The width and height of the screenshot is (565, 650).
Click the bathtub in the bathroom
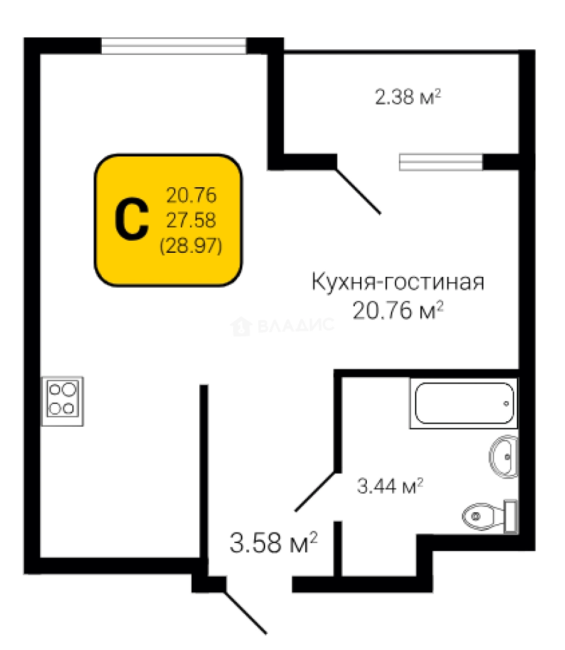click(x=464, y=403)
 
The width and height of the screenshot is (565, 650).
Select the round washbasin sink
click(x=504, y=456)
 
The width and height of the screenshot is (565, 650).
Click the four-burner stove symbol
click(x=63, y=401)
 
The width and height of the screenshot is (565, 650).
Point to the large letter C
click(x=131, y=220)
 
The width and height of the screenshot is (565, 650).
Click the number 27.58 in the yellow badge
click(x=191, y=220)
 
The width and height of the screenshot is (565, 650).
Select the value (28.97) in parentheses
click(x=191, y=246)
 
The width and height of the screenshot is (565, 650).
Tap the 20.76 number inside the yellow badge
click(x=191, y=195)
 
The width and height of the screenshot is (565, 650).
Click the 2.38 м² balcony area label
click(x=408, y=97)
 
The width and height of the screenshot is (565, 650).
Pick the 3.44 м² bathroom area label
click(x=390, y=486)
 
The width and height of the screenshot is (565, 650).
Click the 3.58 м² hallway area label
click(x=274, y=543)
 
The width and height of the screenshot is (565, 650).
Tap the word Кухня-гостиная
click(x=398, y=282)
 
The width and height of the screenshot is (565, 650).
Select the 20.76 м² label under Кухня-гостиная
click(x=398, y=310)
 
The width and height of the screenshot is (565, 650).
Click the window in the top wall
click(x=174, y=46)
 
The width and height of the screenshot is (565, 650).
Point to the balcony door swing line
click(x=358, y=191)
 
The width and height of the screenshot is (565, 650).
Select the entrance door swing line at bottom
click(x=245, y=613)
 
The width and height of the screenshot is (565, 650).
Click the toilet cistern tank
click(x=510, y=516)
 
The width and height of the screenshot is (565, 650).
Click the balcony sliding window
click(x=441, y=162)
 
